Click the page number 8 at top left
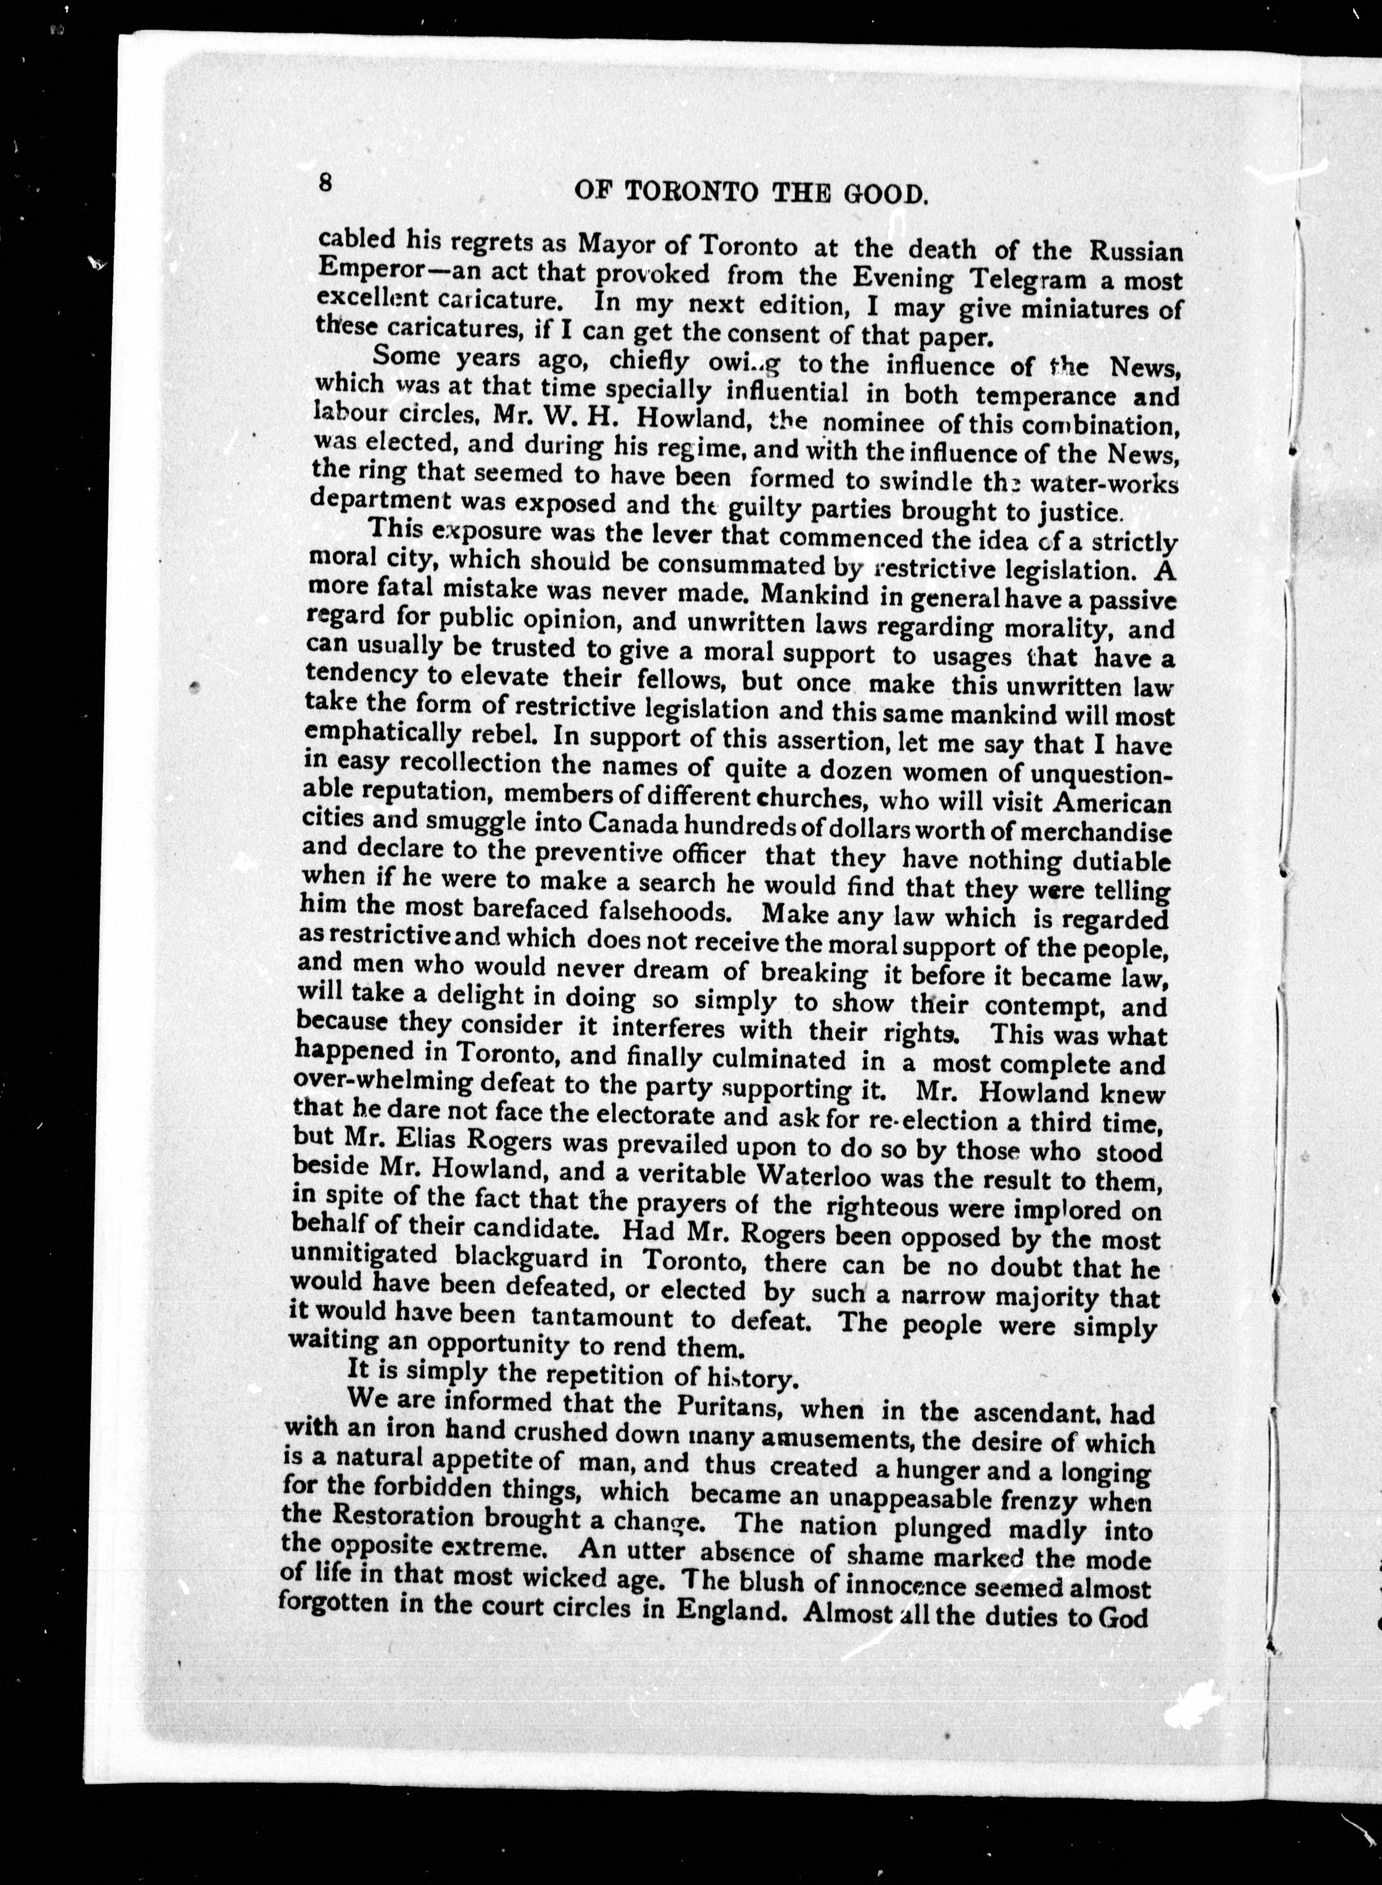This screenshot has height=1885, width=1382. pos(325,183)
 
